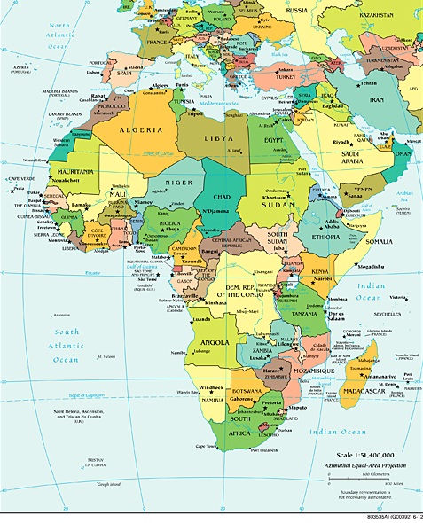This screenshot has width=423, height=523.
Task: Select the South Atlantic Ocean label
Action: tap(65, 347)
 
